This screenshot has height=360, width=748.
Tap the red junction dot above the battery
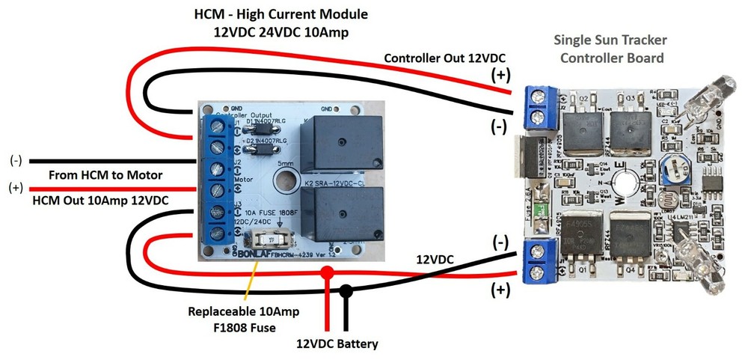327,275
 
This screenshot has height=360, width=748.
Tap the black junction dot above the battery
345,289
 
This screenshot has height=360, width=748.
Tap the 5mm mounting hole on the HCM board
284,179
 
